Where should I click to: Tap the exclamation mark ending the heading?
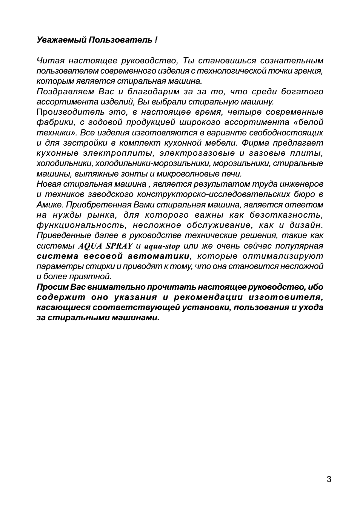(x=156, y=40)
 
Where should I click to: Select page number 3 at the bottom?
(x=329, y=479)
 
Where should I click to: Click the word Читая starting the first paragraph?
(x=51, y=61)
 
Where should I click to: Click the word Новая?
(x=48, y=184)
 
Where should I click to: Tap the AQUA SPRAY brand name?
(x=105, y=246)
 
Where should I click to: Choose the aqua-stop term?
(x=162, y=246)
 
